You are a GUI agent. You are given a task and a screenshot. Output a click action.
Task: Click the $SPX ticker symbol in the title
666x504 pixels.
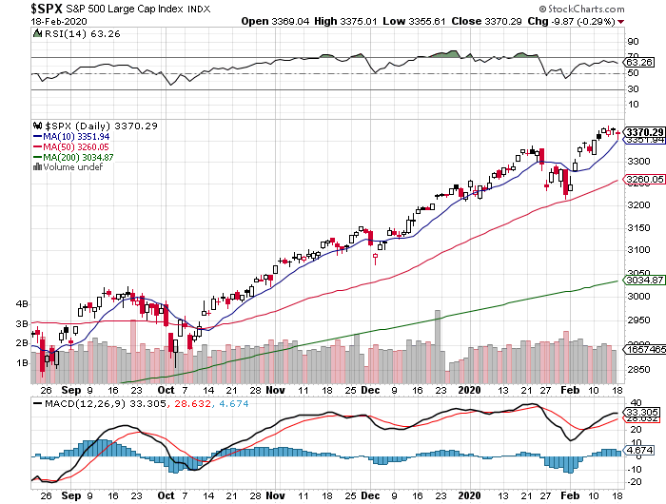(26, 9)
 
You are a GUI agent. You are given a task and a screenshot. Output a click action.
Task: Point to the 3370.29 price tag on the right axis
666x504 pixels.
(644, 132)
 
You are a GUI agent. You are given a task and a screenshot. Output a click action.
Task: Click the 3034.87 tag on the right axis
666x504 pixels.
(644, 281)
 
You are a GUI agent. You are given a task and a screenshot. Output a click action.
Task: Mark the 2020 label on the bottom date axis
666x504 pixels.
(470, 390)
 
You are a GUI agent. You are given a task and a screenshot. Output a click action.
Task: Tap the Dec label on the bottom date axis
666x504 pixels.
(369, 390)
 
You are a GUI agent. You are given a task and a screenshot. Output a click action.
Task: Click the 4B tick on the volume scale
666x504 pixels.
(23, 304)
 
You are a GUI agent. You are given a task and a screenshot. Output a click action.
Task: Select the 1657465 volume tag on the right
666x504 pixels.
(644, 351)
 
